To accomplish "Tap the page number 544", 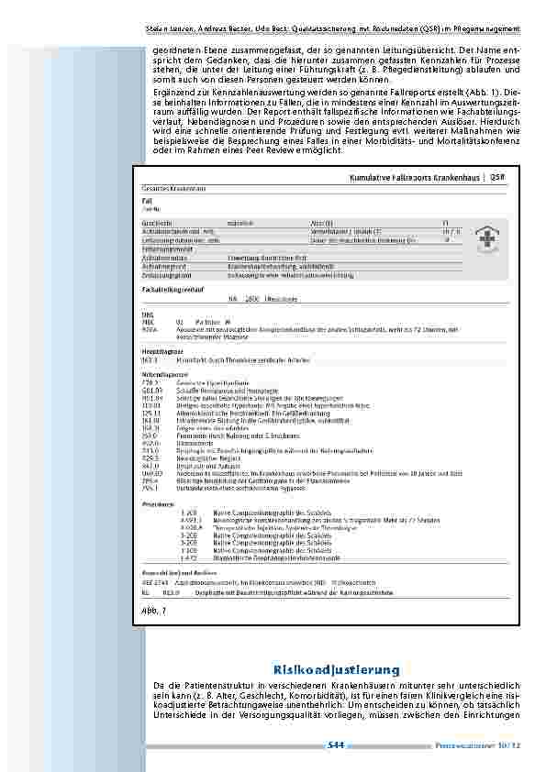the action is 335,744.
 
